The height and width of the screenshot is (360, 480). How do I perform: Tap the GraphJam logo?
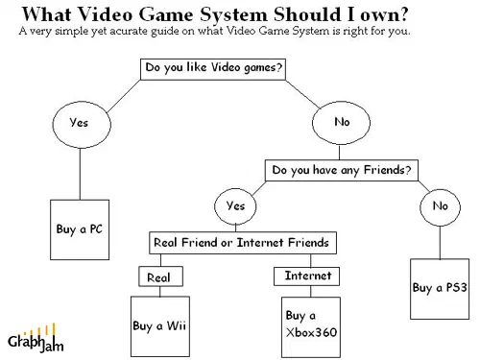point(36,338)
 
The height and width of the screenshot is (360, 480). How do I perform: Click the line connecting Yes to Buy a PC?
point(80,174)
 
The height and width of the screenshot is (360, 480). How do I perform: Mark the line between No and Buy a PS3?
point(440,243)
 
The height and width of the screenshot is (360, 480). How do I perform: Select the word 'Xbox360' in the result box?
point(311,332)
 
